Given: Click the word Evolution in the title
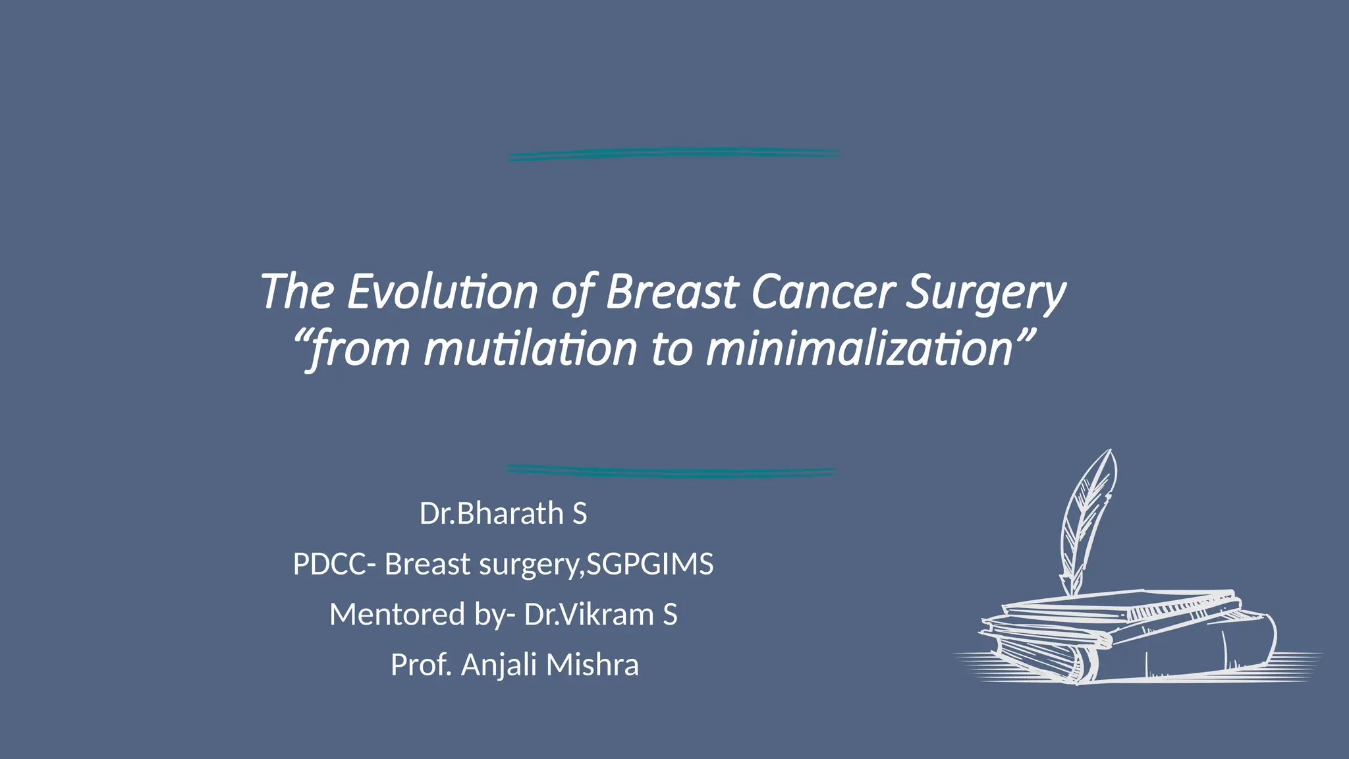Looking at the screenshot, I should [443, 291].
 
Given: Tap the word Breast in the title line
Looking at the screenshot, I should [671, 291].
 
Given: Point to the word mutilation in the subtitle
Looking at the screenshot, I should [530, 349].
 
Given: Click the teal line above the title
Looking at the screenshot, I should [674, 154].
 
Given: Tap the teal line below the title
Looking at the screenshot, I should [671, 471].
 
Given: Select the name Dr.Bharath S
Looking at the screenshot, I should [503, 513].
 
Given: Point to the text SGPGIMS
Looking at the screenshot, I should [649, 565].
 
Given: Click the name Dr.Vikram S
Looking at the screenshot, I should [600, 615].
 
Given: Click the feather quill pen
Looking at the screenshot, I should [1087, 520].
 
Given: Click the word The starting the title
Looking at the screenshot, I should [297, 291].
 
